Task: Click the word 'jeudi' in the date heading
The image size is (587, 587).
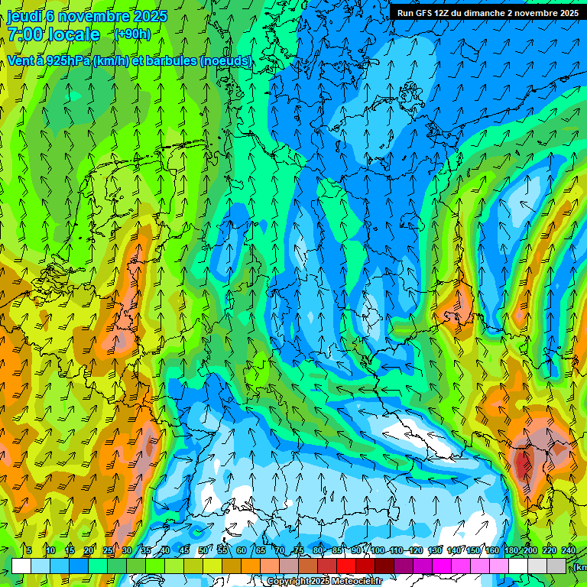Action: (25, 16)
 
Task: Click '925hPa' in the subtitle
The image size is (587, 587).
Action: (66, 61)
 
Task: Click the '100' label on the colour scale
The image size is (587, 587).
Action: (378, 550)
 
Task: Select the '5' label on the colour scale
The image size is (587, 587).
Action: (28, 550)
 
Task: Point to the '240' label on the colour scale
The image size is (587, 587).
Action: (569, 550)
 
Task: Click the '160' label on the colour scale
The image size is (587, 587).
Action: (492, 550)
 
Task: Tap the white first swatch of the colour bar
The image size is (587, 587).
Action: (21, 566)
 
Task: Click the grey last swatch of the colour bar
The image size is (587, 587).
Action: (556, 566)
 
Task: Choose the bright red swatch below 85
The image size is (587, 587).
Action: (346, 566)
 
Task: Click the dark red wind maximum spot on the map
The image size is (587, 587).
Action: (524, 462)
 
